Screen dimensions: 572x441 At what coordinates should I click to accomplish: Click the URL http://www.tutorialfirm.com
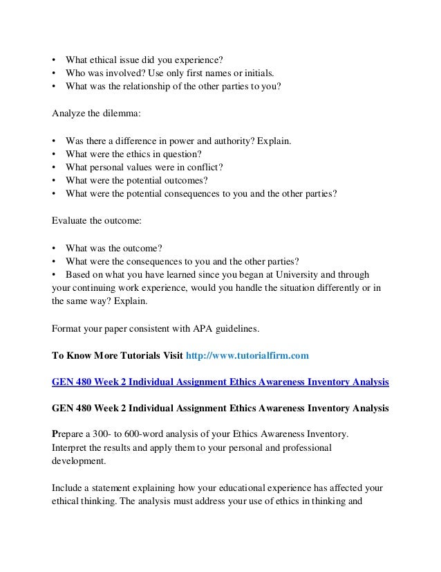click(x=245, y=355)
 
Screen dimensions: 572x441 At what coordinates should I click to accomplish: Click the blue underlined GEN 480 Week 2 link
click(x=220, y=382)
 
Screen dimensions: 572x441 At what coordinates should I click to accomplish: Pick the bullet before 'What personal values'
click(x=55, y=168)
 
